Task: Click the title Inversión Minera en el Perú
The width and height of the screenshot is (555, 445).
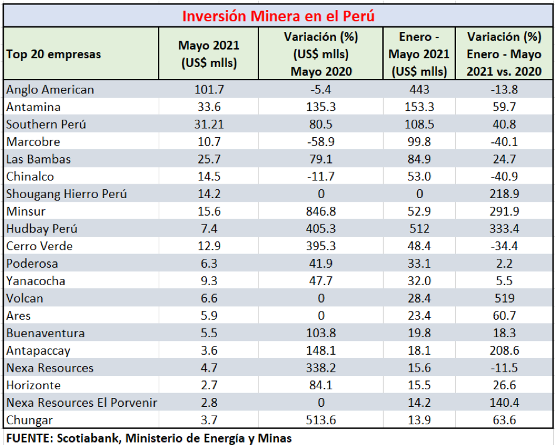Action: pyautogui.click(x=278, y=15)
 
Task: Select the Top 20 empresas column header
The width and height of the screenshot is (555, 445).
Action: pyautogui.click(x=53, y=54)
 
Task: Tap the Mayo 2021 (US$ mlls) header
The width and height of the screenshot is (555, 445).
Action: pyautogui.click(x=209, y=54)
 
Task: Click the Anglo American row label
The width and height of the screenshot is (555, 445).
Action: pyautogui.click(x=50, y=90)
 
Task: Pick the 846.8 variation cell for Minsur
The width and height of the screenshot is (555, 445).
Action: pyautogui.click(x=320, y=211)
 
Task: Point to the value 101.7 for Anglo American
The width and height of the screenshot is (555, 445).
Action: pyautogui.click(x=209, y=90)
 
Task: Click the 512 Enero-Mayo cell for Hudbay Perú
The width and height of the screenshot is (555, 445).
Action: pyautogui.click(x=420, y=229)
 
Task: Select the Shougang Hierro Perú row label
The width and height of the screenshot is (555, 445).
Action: pyautogui.click(x=66, y=194)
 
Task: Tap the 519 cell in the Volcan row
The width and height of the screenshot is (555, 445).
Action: pyautogui.click(x=504, y=298)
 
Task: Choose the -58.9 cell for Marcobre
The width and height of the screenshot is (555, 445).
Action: pyautogui.click(x=320, y=142)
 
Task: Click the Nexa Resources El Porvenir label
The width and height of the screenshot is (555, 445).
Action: pyautogui.click(x=81, y=402)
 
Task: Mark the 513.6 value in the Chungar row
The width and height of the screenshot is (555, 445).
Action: pyautogui.click(x=320, y=420)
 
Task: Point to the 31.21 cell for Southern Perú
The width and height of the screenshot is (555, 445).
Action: pyautogui.click(x=209, y=124)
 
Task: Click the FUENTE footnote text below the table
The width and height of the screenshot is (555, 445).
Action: pyautogui.click(x=149, y=437)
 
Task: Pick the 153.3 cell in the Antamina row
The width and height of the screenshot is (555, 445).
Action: pyautogui.click(x=420, y=107)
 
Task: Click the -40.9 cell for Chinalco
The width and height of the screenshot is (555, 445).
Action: pyautogui.click(x=504, y=177)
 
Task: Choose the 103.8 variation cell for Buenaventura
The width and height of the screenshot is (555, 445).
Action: pyautogui.click(x=320, y=333)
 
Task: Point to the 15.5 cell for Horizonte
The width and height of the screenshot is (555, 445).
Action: pyautogui.click(x=420, y=385)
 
